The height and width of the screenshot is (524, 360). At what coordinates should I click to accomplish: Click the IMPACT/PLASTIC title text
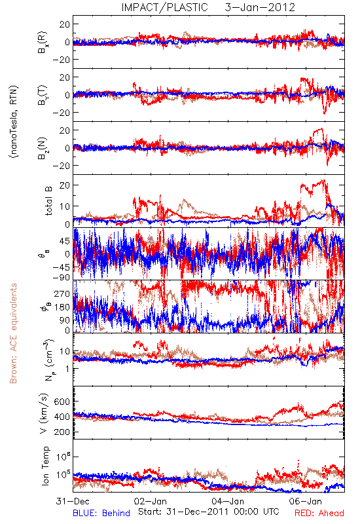tap(164, 7)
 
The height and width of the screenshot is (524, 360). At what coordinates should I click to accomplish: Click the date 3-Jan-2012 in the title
tap(260, 7)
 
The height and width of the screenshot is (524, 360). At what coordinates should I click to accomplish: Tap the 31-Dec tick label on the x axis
tap(73, 501)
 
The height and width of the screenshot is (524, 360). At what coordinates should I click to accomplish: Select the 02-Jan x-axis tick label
tap(151, 501)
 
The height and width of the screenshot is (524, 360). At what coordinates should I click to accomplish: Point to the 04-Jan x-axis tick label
tap(228, 501)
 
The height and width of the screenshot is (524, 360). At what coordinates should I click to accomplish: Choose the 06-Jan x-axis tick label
tap(306, 501)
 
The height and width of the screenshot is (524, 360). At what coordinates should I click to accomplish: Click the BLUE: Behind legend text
tap(101, 513)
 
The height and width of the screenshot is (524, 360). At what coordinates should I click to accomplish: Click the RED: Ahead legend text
tap(319, 513)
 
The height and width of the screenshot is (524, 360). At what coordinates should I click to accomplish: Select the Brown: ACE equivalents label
tap(13, 333)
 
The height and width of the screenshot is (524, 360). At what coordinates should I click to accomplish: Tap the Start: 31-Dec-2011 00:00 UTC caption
tap(209, 512)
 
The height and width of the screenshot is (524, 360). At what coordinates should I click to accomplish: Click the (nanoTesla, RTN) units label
tap(14, 122)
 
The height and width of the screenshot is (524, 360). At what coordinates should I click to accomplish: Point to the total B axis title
tap(48, 200)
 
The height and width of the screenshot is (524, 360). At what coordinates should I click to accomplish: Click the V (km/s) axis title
tap(44, 414)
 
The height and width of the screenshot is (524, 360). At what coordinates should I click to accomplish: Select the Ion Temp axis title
tap(45, 466)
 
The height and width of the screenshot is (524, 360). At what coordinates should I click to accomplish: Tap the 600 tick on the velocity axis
tap(62, 402)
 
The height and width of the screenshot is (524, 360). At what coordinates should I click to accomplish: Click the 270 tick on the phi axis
tap(63, 293)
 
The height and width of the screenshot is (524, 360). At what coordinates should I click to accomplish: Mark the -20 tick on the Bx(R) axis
tap(61, 60)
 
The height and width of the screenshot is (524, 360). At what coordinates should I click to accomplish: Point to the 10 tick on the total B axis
tap(65, 206)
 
